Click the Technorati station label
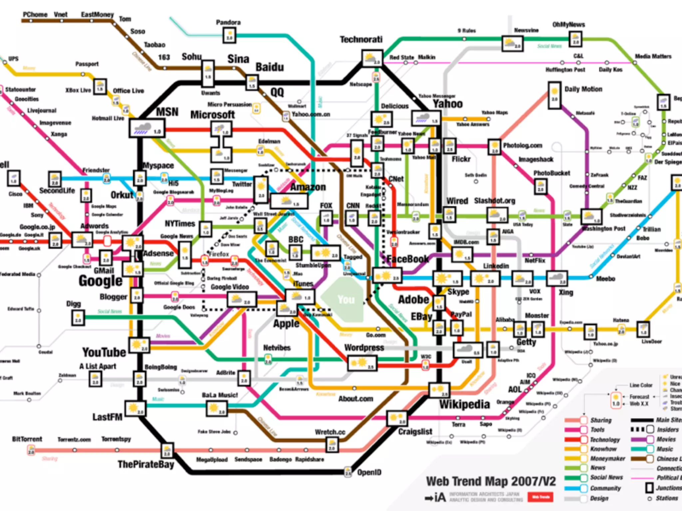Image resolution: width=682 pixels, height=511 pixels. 361,40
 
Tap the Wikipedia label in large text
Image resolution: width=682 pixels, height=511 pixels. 465,405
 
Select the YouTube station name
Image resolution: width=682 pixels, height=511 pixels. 104,352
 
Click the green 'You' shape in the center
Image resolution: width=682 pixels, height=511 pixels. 343,299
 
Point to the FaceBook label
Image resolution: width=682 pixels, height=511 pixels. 408,259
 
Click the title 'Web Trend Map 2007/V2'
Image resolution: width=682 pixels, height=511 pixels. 491,481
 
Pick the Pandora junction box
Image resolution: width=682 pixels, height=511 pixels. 229,35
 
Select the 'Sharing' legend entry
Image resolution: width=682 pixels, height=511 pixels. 601,420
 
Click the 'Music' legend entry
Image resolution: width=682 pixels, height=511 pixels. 665,449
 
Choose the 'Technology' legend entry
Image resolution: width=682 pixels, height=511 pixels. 605,439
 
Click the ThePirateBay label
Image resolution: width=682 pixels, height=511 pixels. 146,464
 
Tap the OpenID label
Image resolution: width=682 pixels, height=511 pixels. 369,472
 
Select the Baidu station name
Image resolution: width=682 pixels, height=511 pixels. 270,67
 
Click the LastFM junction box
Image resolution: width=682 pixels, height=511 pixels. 135,408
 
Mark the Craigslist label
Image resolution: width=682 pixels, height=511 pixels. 415,432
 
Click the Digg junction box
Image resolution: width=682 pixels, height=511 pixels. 78,317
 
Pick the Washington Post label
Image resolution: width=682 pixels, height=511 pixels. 604,229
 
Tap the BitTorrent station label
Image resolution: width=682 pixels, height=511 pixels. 27,439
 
